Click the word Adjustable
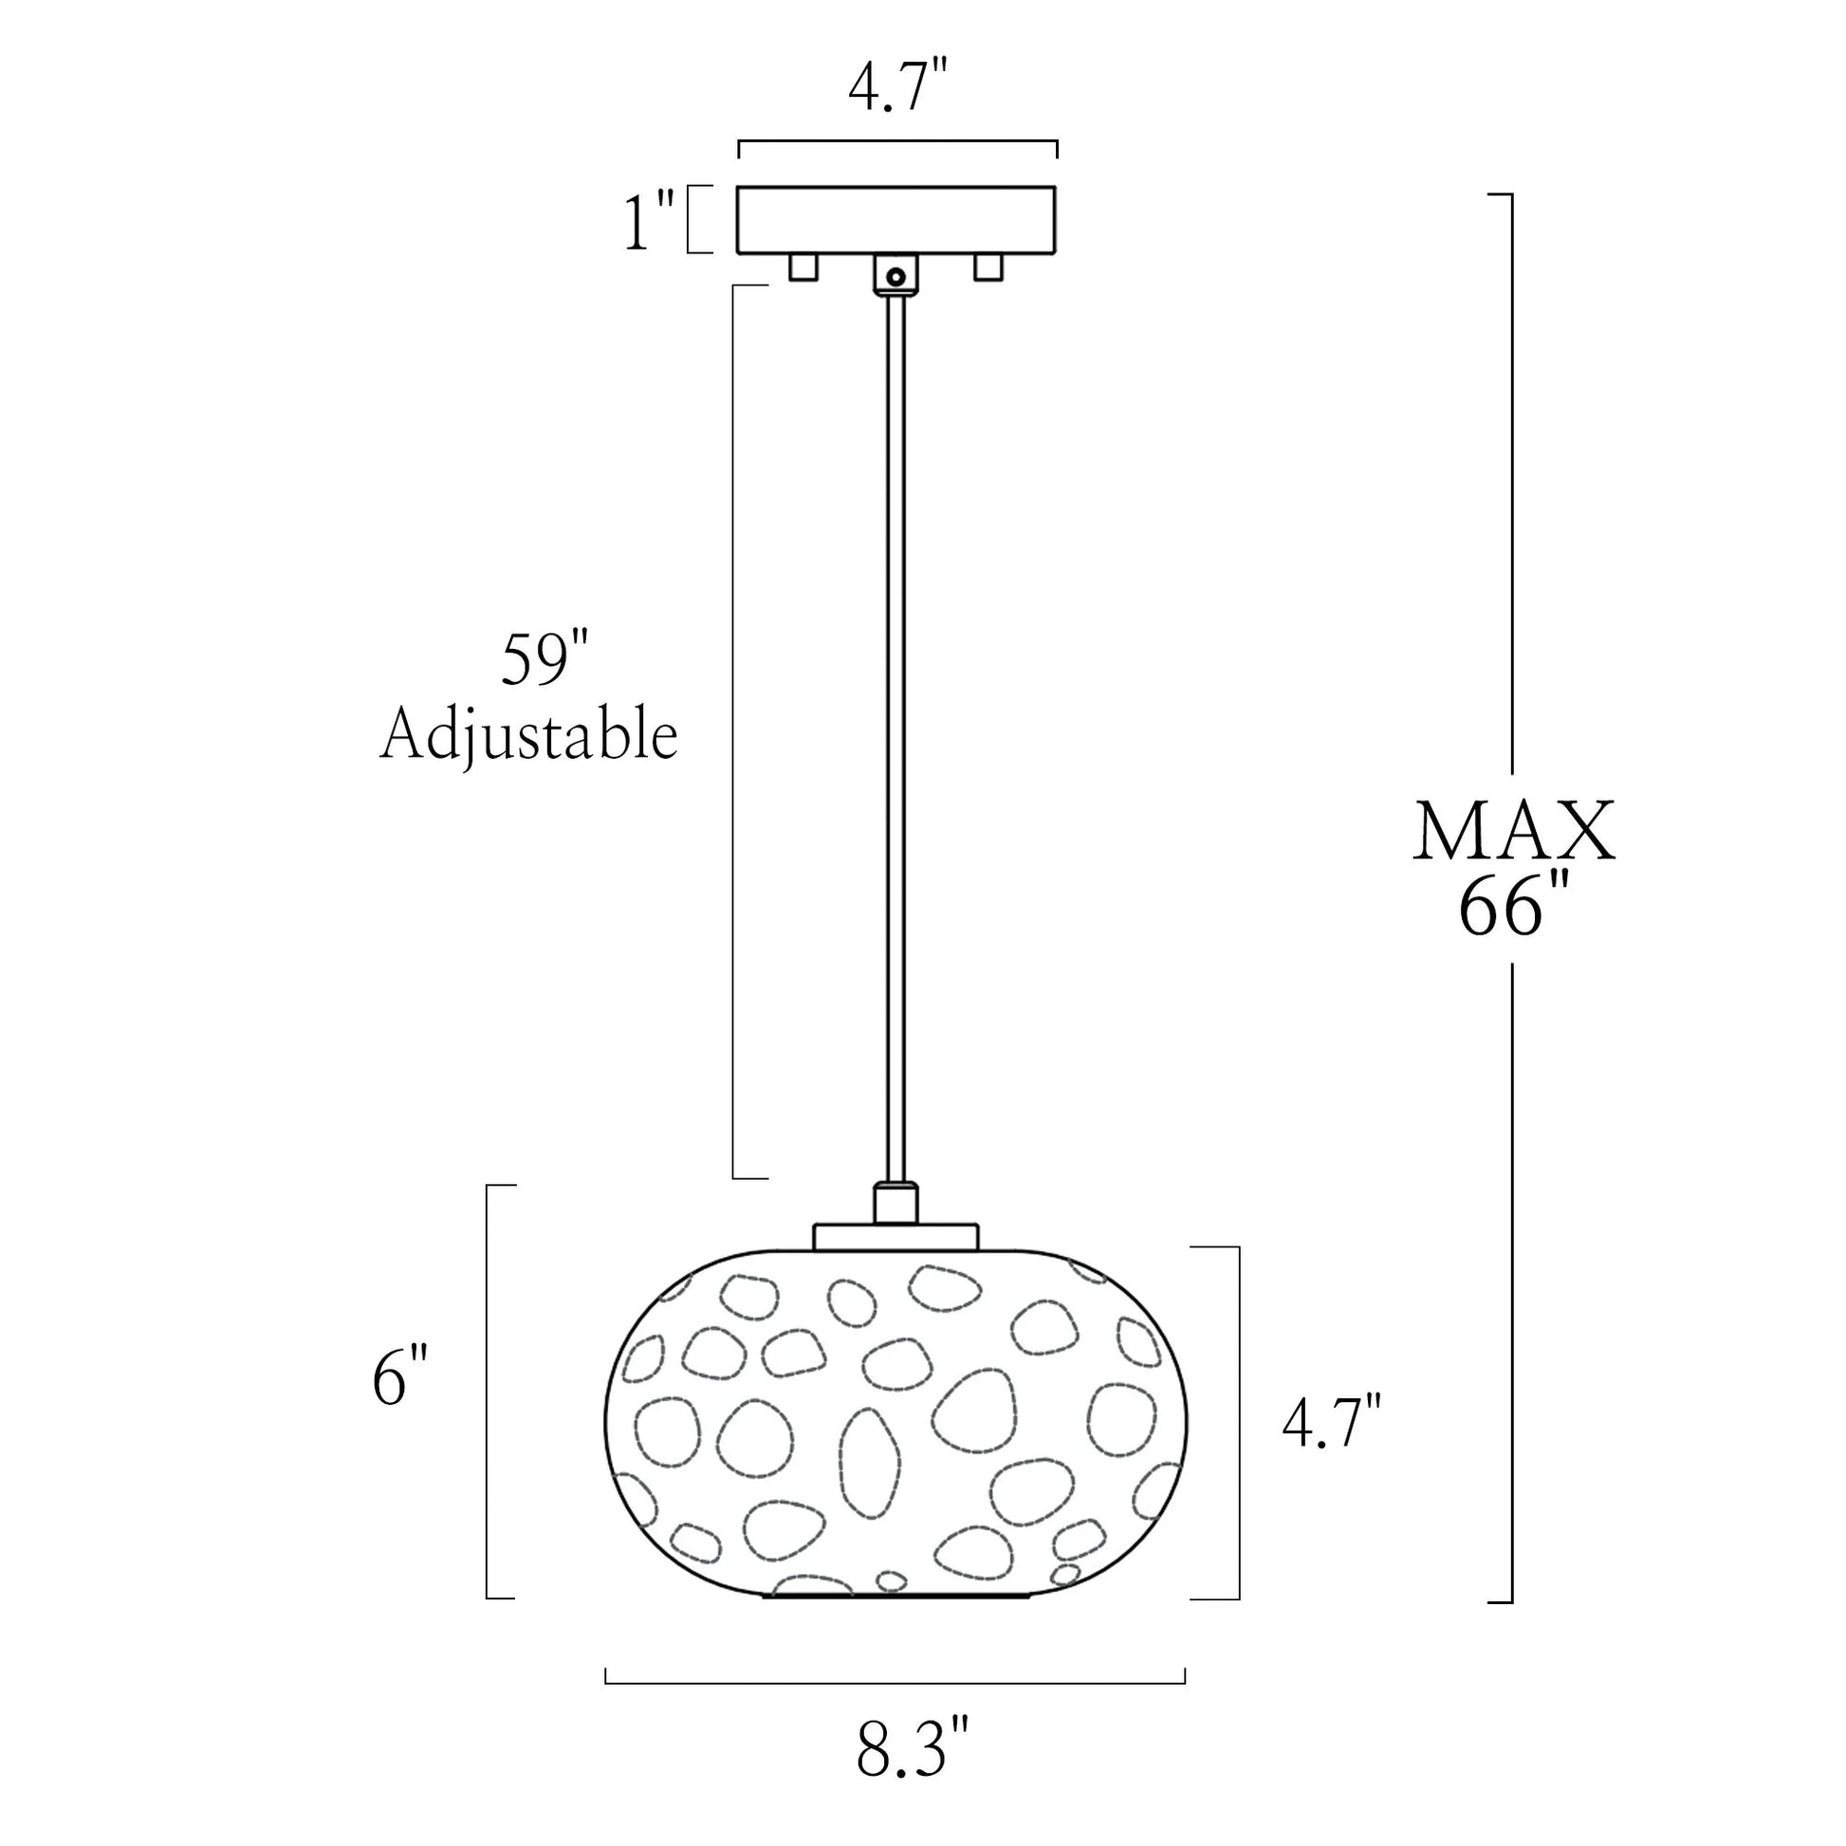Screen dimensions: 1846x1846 pos(529,737)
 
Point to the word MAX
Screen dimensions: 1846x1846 pos(1514,832)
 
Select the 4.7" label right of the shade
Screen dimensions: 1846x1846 pos(1332,1421)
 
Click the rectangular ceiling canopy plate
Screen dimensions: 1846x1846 pos(896,220)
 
